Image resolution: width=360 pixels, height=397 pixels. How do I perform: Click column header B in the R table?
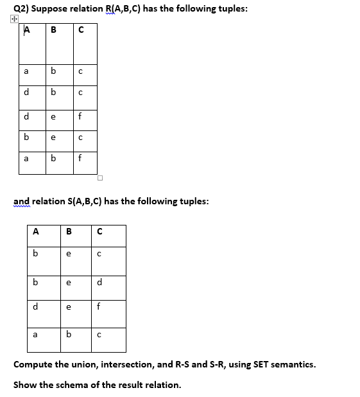click(53, 30)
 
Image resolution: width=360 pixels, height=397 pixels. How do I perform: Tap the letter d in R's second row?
click(26, 93)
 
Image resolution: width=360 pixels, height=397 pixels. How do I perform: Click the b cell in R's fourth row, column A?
click(26, 137)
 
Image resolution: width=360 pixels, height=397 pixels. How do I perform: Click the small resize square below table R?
click(101, 177)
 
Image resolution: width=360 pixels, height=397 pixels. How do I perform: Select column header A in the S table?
click(36, 232)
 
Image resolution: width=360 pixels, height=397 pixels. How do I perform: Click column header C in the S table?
click(99, 232)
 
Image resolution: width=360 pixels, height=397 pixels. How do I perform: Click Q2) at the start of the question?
click(20, 8)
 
